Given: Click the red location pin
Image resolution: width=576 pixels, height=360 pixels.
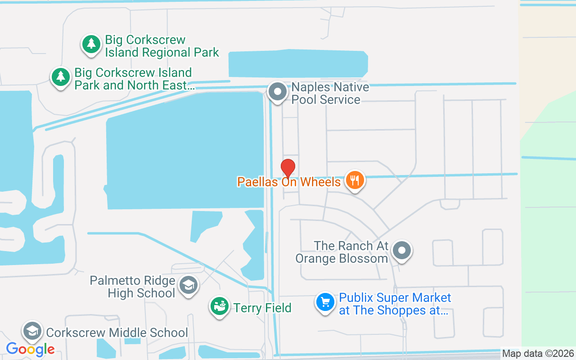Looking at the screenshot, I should (288, 168).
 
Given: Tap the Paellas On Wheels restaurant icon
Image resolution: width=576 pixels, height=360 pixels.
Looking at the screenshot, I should (355, 180).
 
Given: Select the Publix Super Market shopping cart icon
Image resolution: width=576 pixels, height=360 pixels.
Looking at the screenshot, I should (326, 302).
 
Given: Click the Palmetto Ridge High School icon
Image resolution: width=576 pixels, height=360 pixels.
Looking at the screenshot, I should (188, 285).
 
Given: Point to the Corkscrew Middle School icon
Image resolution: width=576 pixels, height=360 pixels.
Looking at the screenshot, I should (32, 331).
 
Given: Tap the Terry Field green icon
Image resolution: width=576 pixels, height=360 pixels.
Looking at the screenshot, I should (219, 307).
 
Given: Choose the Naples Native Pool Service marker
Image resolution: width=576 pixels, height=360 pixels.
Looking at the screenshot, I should (278, 92).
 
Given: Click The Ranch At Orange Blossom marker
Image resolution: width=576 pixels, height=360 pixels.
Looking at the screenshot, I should (401, 251).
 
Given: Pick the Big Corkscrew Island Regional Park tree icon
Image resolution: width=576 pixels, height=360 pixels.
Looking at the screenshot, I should (91, 44).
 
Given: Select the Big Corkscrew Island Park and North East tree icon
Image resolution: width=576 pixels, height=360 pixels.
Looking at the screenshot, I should (60, 77).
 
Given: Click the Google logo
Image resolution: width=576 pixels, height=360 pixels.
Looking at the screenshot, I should (30, 349).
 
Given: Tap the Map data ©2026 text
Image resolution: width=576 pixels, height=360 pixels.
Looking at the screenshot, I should (538, 354).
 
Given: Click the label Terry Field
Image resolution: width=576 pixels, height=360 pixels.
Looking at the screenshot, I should (262, 308).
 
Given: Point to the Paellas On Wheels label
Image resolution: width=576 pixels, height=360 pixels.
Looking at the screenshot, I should (289, 182).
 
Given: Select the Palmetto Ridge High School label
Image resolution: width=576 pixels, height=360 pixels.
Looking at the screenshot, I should (132, 287).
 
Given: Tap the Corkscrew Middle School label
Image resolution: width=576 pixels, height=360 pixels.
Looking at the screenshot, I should (117, 333).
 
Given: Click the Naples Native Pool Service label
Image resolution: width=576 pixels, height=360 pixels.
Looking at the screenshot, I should (330, 93).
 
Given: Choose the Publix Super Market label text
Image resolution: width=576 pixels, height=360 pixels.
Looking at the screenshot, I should (395, 304).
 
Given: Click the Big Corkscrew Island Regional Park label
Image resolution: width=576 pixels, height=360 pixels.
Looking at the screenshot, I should (162, 46).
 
